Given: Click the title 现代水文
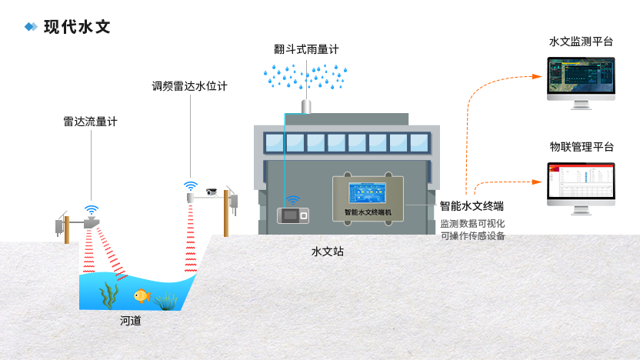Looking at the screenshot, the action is tap(77, 27).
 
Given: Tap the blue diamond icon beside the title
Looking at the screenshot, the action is tap(31, 27).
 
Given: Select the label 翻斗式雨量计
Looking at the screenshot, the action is tap(306, 49).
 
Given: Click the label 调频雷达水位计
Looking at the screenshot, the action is tap(189, 86).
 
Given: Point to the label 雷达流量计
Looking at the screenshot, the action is tap(90, 122).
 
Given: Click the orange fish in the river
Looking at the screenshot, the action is tap(142, 295).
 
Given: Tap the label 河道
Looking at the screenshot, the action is tap(131, 321).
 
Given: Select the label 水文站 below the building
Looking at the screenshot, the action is tap(328, 252).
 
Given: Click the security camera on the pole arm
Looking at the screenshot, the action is tap(212, 192).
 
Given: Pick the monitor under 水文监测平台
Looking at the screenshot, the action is tap(581, 83).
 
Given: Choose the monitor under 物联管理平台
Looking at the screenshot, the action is tap(581, 188).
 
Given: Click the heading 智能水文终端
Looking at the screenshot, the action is tap(472, 206).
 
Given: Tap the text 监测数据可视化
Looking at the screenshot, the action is tap(472, 224).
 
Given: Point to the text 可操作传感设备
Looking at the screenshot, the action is tap(472, 236).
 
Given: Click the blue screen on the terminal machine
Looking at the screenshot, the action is tap(368, 192).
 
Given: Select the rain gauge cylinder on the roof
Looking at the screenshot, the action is tap(306, 106).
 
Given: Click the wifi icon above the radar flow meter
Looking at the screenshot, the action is tap(92, 210).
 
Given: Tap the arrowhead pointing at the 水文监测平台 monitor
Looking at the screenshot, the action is tap(537, 76).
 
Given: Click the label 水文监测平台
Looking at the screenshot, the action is tap(581, 42).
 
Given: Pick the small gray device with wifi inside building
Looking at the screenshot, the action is tap(293, 215).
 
